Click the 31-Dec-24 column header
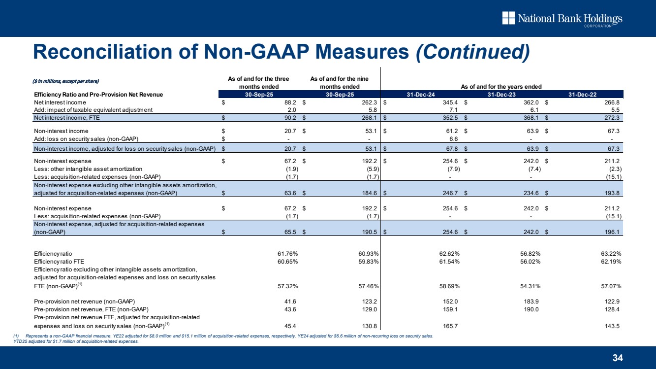click(420, 94)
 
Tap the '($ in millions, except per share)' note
click(66, 81)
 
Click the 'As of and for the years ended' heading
click(501, 86)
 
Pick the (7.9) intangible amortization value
click(451, 168)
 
